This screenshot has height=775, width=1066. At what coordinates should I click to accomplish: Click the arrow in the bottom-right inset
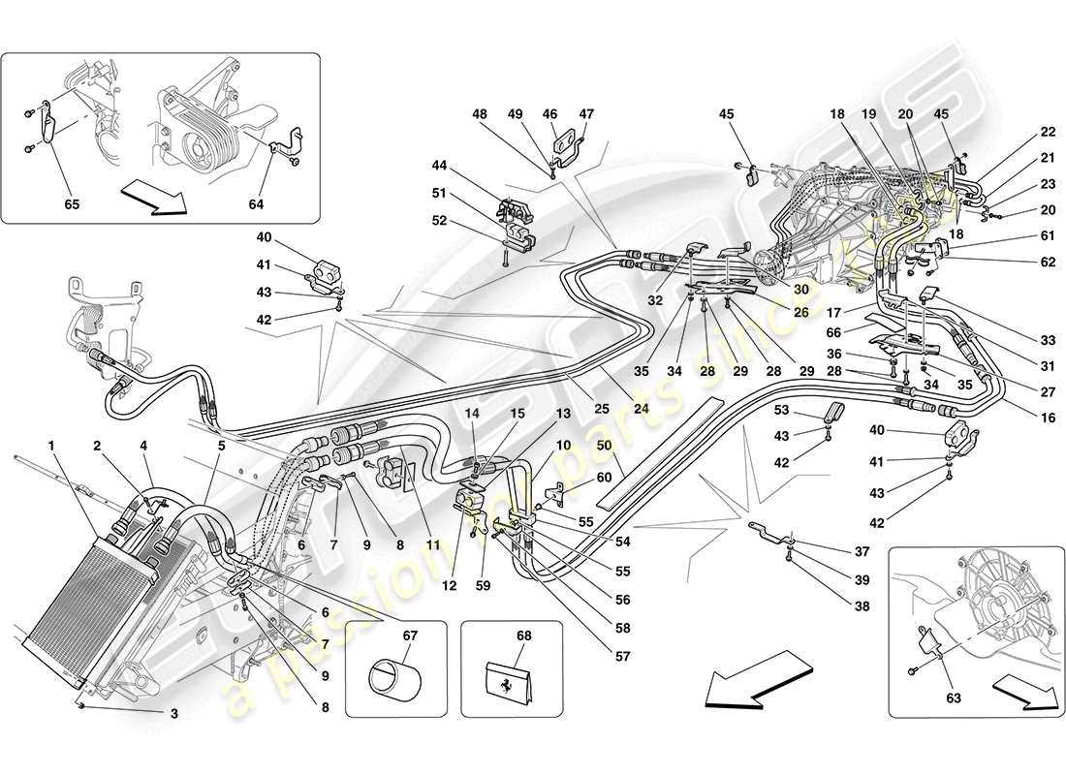[1029, 695]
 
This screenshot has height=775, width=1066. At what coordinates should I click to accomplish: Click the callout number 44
[441, 166]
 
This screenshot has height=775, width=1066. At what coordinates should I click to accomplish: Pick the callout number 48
[480, 113]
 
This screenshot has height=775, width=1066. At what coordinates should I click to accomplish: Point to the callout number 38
[862, 607]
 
